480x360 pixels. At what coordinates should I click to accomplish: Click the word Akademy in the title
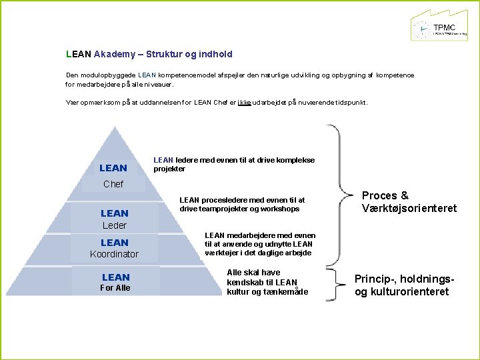coord(116,53)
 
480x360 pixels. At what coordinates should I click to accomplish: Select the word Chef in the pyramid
coord(113,184)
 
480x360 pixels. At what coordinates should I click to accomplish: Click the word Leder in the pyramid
coord(115,225)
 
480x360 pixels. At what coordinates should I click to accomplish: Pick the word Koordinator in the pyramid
coord(115,254)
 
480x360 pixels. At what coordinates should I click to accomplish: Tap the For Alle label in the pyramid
coord(115,288)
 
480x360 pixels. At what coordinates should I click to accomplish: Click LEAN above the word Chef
coord(113,168)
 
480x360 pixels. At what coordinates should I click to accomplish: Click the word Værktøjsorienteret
coord(409,208)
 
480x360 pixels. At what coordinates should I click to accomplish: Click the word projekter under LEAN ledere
coord(169,169)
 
